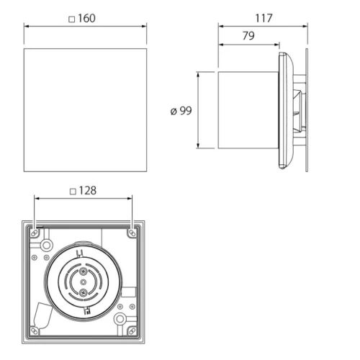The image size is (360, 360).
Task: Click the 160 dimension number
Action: [86, 19]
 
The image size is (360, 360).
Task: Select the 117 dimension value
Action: [264, 18]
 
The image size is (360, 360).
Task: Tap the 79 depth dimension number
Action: [248, 36]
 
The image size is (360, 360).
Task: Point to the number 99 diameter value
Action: [186, 111]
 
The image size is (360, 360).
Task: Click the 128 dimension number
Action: [88, 191]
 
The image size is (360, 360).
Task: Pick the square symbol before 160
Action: [72, 19]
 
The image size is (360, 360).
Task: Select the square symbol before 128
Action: [73, 192]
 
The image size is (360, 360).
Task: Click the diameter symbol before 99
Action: [174, 112]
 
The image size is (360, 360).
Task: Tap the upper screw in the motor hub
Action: [83, 271]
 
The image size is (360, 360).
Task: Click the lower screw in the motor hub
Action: [83, 292]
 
